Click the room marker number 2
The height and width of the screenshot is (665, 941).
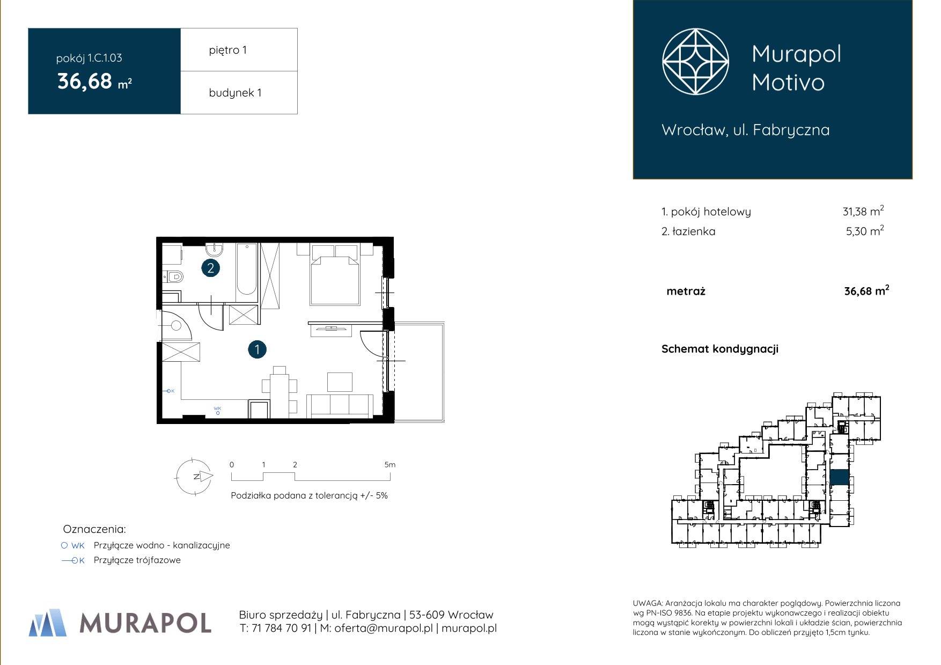click(210, 268)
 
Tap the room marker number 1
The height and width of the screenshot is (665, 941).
click(258, 350)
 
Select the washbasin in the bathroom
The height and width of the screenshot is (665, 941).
click(214, 249)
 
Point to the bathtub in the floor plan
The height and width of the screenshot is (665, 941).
click(247, 269)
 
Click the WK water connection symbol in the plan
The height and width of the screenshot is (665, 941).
click(217, 411)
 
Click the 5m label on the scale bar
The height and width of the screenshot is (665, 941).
click(390, 465)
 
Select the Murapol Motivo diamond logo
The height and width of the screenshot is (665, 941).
click(695, 62)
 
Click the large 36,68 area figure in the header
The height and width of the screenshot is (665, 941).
click(85, 82)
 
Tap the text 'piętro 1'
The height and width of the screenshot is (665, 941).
click(228, 50)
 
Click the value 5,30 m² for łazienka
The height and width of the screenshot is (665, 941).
click(865, 231)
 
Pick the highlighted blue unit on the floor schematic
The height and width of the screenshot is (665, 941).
click(840, 477)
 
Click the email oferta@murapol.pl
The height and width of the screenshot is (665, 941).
click(383, 628)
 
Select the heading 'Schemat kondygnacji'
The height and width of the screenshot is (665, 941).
click(720, 349)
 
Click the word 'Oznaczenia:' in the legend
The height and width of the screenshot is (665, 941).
click(94, 529)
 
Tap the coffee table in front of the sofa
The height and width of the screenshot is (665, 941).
click(340, 382)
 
